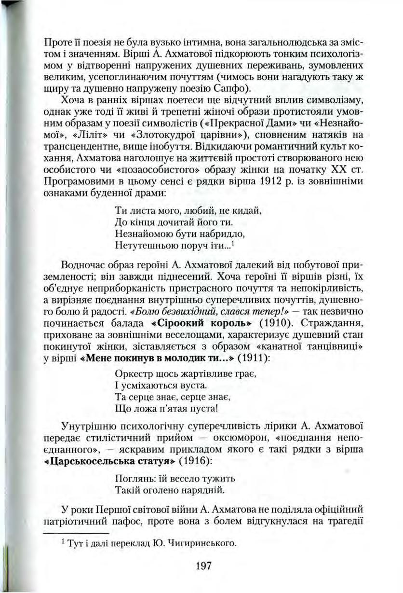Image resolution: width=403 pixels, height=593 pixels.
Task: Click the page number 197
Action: [204, 565]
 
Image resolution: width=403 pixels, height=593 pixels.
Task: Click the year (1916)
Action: [194, 460]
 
